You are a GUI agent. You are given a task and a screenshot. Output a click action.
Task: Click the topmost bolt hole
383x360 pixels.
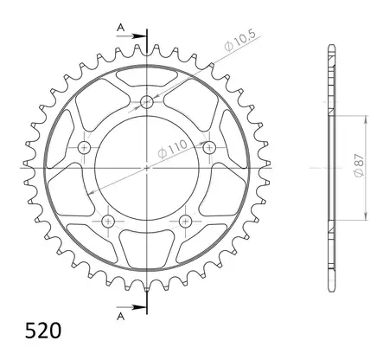click(x=148, y=101)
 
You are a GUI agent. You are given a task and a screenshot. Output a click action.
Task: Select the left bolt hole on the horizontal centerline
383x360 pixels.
click(x=84, y=148)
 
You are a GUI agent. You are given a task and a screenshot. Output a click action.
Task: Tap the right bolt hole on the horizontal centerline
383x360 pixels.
click(x=208, y=146)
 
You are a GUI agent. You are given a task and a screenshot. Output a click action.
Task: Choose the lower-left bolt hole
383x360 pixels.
click(x=108, y=222)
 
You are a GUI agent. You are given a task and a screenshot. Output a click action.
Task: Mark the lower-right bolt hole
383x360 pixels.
click(x=184, y=222)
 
